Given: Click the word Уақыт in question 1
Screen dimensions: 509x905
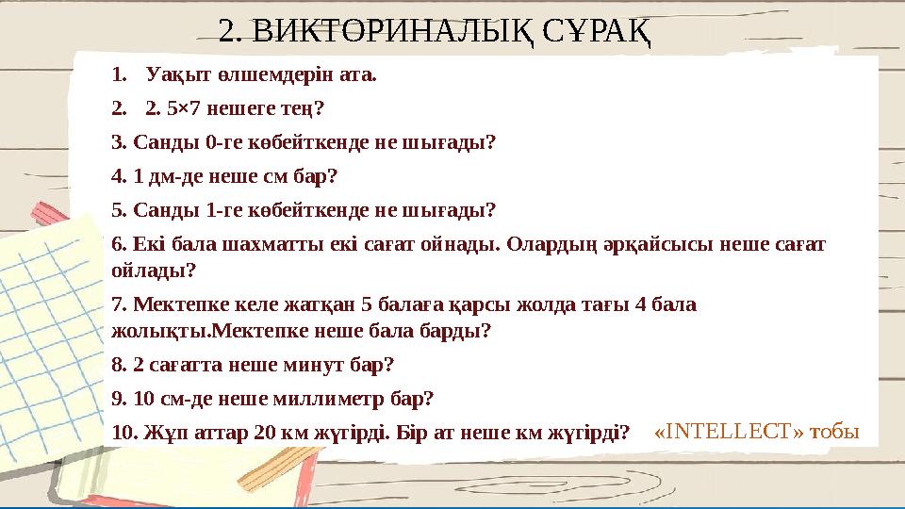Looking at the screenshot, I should [171, 74].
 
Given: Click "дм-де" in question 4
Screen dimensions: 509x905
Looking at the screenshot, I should [162, 176].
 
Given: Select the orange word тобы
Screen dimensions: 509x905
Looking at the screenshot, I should [836, 432].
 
